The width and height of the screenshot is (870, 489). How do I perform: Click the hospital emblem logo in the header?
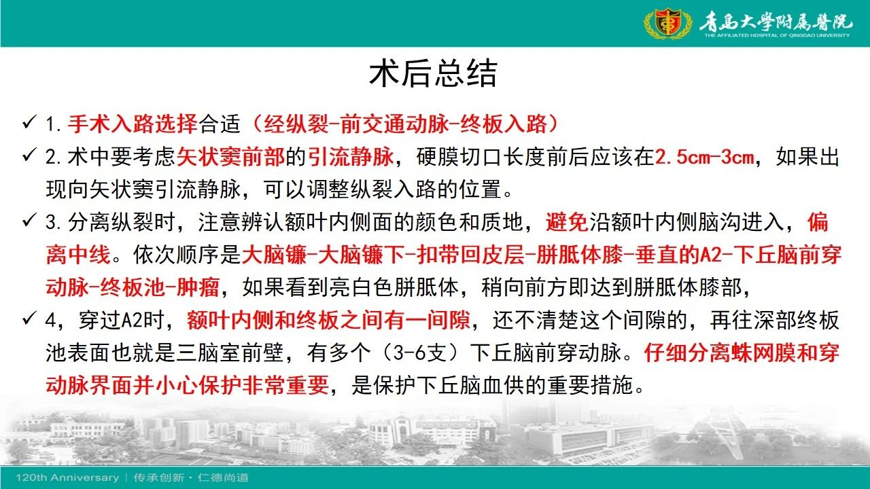pos(667,23)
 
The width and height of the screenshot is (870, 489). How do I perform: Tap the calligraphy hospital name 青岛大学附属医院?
pos(776,21)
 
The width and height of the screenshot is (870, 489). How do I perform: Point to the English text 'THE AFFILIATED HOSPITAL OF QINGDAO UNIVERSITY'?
pos(777,35)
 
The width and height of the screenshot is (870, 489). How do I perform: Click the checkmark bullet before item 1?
pos(29,122)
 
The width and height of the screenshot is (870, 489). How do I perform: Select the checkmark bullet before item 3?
pos(29,221)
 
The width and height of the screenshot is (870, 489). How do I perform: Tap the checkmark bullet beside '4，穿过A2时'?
pos(29,319)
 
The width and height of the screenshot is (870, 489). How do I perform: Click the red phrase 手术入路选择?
pos(133,124)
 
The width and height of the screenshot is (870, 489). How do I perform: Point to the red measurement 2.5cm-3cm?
pos(704,157)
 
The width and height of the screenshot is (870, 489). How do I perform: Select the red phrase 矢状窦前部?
pos(231,157)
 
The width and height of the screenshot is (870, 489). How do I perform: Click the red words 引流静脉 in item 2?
pos(351,157)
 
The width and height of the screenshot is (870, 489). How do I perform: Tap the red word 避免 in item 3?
pos(567,222)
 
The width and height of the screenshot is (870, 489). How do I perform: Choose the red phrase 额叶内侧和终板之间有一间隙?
pos(328,321)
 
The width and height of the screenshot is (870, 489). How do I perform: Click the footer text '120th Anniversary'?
pos(67,477)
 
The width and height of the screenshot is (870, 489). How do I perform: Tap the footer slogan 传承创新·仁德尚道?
pos(191,477)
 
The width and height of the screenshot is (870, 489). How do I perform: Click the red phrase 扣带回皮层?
pos(470,255)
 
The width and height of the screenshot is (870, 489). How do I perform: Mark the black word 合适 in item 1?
pos(220,124)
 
